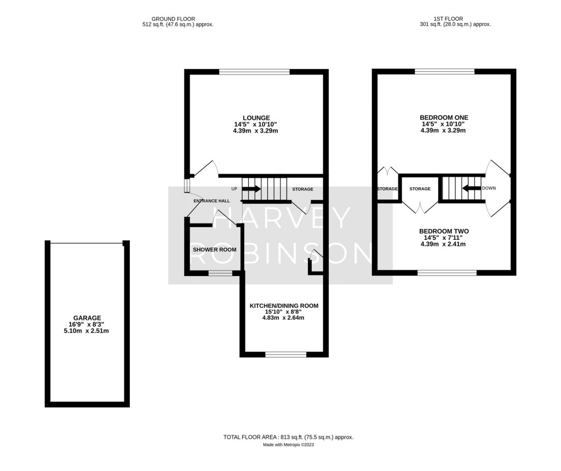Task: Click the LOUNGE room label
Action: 256,118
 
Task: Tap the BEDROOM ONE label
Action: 444,118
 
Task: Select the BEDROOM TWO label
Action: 444,232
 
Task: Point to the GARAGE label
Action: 87,318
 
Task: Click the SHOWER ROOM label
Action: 215,250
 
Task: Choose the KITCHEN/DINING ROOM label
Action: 284,306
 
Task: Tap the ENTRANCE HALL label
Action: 211,201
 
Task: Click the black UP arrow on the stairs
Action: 251,189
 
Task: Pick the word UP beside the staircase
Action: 234,189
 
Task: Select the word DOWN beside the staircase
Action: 489,188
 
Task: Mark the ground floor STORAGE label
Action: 302,189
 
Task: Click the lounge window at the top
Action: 254,71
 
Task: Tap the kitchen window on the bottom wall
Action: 285,355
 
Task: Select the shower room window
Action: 220,273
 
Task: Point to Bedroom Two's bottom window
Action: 447,272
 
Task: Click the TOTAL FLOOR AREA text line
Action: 288,437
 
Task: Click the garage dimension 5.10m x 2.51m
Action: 87,331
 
